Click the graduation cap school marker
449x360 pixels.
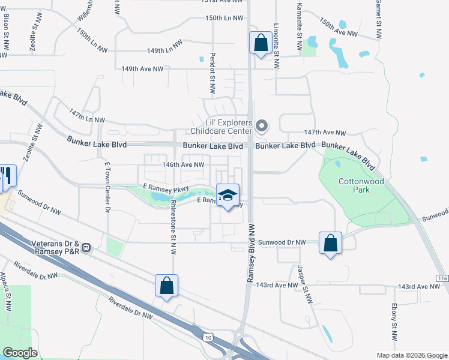point(228,196)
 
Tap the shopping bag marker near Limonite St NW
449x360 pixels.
point(261,43)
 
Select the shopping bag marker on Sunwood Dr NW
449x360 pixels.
point(330,244)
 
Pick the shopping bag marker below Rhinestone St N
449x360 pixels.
point(167,286)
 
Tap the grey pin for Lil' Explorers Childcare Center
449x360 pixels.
point(261,126)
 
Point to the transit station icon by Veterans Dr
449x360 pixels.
point(86,247)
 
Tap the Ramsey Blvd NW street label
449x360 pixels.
point(251,253)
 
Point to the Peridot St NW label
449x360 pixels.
point(212,73)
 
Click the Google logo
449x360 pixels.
point(20,353)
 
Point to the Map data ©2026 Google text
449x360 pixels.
point(412,355)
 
